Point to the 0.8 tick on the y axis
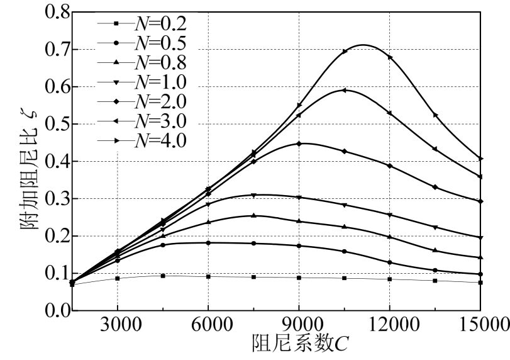coord(52,12)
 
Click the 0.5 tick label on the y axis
coord(52,124)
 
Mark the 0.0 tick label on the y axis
coord(52,310)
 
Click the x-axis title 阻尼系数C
coord(299,346)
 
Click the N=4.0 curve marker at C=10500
coord(345,52)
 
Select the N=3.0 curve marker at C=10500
coord(345,90)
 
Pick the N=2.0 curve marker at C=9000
coord(299,143)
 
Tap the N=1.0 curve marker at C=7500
coord(253,195)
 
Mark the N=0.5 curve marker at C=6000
coord(208,242)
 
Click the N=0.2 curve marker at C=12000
coord(390,279)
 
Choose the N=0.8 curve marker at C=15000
coord(480,257)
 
